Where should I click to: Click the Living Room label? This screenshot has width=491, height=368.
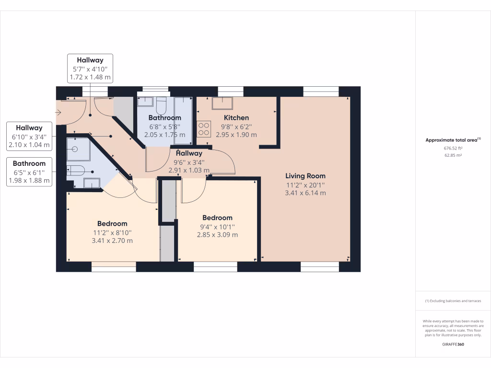305,176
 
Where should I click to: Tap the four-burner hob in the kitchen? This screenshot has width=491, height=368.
203,130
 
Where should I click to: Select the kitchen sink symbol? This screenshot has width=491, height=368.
222,103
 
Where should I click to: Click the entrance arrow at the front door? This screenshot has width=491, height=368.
58,113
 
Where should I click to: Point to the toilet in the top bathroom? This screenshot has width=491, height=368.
161,103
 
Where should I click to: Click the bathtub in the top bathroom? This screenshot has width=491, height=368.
183,120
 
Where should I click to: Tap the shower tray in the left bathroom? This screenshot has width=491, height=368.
77,149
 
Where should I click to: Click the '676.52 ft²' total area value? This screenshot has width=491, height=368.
453,149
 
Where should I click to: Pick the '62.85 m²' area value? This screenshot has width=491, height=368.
453,155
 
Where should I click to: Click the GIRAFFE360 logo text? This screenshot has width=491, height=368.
453,345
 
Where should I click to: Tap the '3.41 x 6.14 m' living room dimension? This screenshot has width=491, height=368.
305,193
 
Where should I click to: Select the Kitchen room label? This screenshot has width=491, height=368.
236,118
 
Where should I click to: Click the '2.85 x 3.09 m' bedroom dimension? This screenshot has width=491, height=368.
217,235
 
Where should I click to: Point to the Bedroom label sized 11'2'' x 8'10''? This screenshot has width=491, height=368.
112,224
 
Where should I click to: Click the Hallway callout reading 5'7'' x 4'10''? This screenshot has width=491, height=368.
90,68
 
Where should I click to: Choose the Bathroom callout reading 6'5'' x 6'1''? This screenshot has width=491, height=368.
29,172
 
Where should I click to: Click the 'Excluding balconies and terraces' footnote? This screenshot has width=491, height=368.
453,301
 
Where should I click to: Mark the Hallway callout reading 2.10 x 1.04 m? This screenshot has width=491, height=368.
29,136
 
